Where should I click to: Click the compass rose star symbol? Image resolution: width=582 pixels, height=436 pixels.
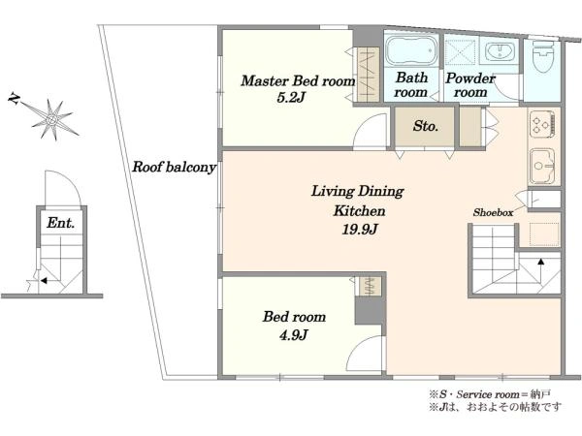click(52, 119)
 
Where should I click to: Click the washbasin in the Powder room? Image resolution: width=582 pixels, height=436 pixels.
click(500, 50)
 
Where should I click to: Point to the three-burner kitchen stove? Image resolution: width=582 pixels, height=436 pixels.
click(542, 122)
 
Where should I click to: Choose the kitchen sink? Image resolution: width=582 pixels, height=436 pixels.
click(542, 166)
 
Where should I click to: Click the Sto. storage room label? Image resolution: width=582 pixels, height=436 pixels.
click(426, 126)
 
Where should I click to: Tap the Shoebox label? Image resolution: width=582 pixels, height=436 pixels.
click(493, 212)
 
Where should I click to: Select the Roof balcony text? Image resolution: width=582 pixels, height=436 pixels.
click(174, 168)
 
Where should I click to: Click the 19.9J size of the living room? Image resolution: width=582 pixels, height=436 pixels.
click(359, 230)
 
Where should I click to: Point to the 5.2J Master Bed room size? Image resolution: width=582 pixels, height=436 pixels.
click(291, 98)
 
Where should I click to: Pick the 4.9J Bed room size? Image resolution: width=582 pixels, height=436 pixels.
click(293, 335)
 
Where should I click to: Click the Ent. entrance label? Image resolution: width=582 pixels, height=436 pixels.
click(60, 223)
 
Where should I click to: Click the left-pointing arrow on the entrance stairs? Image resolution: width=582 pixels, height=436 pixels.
click(44, 281)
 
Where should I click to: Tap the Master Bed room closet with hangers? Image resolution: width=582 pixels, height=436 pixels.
click(368, 75)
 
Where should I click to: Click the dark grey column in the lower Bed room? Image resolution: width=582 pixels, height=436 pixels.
click(371, 311)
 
